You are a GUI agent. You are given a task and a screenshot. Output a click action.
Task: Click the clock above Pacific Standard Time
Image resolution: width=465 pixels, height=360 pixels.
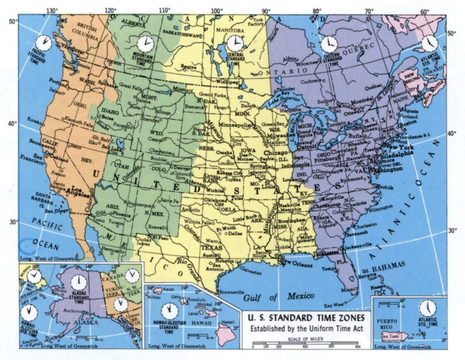[43, 43]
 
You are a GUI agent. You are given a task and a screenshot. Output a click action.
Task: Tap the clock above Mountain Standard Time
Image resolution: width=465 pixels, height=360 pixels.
[146, 43]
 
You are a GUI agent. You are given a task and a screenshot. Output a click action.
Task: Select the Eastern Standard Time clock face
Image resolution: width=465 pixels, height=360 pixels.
[328, 43]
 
